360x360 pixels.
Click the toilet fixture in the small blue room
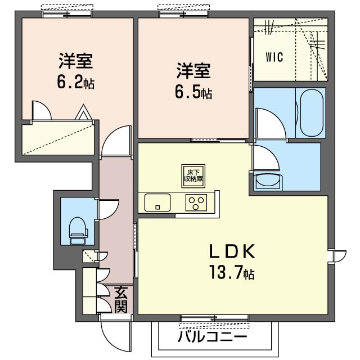(x=78, y=231)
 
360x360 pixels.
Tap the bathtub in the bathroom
(x=312, y=112)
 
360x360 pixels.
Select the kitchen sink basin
(x=157, y=202)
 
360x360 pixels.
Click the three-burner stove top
(x=196, y=202)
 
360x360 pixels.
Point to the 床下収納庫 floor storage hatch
(x=193, y=176)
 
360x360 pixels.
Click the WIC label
(x=274, y=57)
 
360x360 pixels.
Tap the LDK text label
(x=232, y=251)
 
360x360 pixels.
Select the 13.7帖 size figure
(x=232, y=272)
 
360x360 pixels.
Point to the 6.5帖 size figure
(x=193, y=92)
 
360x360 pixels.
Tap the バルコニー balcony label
(x=213, y=337)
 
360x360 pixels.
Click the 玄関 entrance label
(x=121, y=300)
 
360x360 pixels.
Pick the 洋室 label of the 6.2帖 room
(x=75, y=61)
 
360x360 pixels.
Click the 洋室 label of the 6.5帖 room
(x=193, y=71)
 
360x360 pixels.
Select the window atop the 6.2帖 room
(x=67, y=14)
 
